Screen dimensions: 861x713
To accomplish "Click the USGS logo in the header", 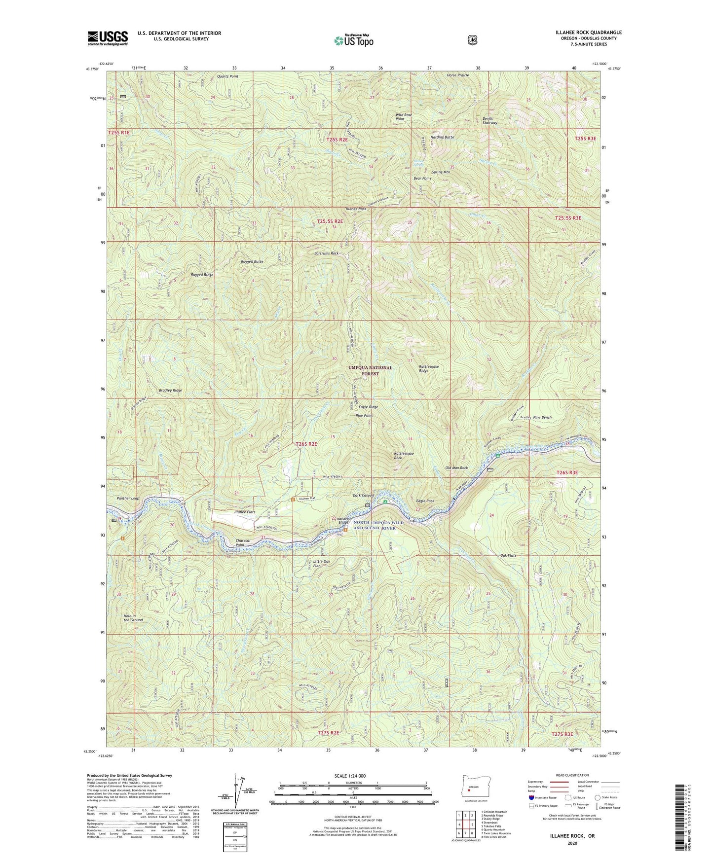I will tap(108, 38).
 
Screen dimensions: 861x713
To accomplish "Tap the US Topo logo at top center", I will tap(353, 40).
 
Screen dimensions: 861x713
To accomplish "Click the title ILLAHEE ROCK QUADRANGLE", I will tap(588, 33).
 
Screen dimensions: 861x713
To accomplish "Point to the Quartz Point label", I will tap(227, 76).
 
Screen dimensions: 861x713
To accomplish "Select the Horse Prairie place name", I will tap(457, 75).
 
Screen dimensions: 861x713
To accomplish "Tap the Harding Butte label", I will tap(442, 137).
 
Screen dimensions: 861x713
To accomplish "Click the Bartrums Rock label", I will tap(327, 253).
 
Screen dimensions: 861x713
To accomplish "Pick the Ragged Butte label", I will tap(252, 261).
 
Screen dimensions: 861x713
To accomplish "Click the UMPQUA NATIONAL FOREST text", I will tap(371, 370).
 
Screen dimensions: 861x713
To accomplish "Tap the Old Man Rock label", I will tap(456, 467).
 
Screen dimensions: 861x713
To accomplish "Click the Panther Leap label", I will tap(128, 498).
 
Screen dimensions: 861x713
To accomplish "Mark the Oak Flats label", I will tap(508, 556).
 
